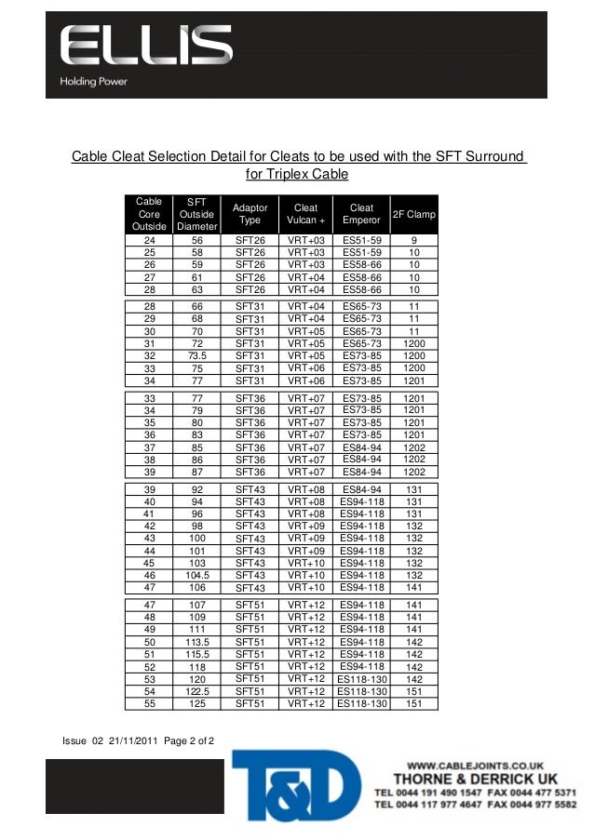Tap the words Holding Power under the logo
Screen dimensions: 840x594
(x=94, y=82)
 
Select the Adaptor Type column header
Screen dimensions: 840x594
(x=250, y=214)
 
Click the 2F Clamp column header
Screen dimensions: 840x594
(x=414, y=214)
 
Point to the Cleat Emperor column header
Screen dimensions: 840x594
(x=361, y=214)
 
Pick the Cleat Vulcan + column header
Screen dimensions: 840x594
(x=305, y=214)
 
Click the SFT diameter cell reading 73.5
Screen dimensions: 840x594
(x=196, y=355)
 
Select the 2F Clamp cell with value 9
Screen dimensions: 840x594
(x=413, y=240)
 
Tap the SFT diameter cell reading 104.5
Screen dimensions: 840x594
(x=196, y=576)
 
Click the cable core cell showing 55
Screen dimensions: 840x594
(x=149, y=704)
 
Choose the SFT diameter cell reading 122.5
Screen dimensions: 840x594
(x=196, y=691)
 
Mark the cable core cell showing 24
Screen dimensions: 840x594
(x=149, y=240)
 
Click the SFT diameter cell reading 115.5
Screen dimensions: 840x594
(x=196, y=654)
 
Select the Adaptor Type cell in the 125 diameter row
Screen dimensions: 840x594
(x=250, y=704)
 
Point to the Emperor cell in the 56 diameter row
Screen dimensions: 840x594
(x=362, y=240)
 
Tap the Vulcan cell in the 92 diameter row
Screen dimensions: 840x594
(x=306, y=488)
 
